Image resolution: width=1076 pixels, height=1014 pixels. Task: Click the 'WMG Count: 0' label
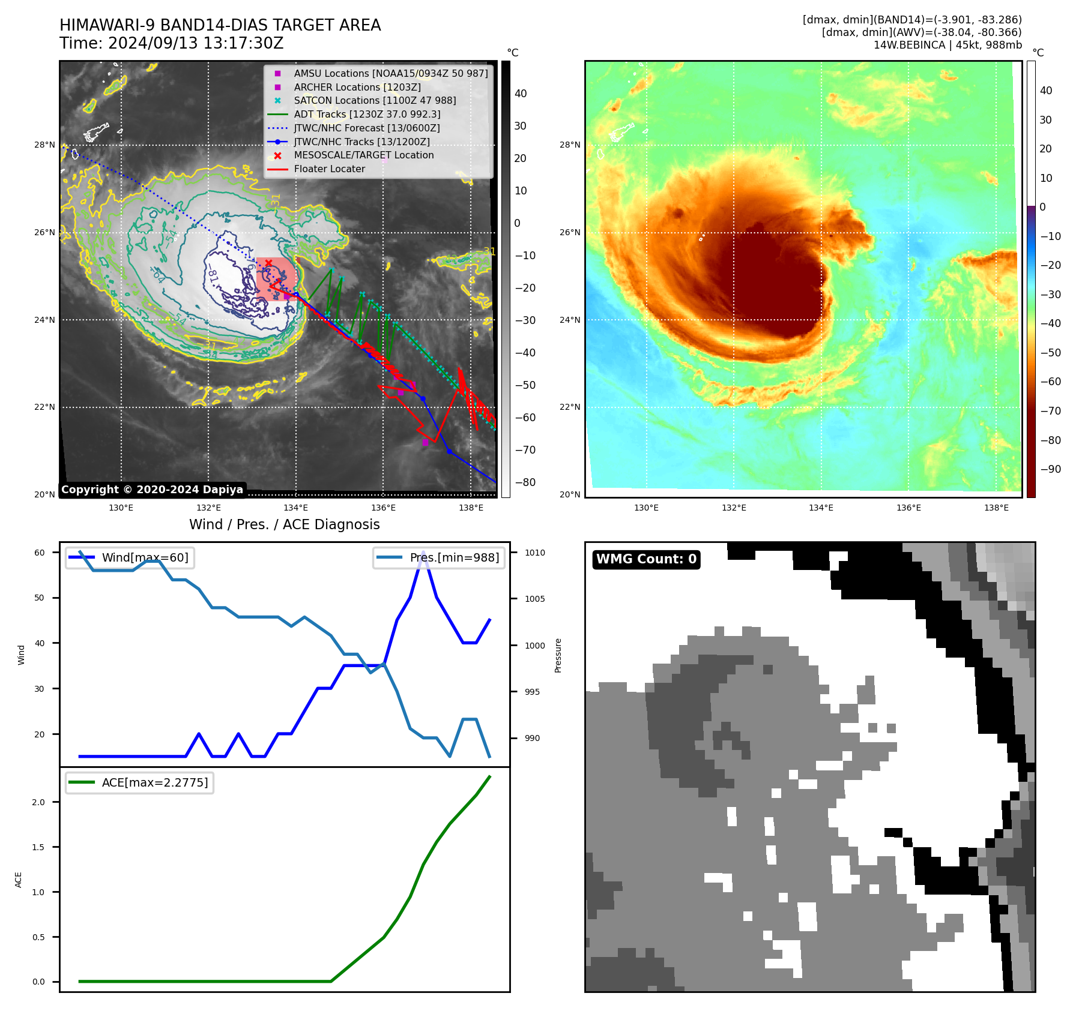[x=646, y=559]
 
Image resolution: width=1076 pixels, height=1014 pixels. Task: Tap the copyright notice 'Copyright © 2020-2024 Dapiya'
[x=152, y=490]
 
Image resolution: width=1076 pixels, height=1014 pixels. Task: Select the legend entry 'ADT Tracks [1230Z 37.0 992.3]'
[x=367, y=114]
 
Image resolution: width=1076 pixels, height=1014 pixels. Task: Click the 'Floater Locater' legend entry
[x=329, y=169]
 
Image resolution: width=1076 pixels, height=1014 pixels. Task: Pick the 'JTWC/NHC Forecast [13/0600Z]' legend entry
[x=366, y=128]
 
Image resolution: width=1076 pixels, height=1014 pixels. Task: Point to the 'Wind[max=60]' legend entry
[x=145, y=557]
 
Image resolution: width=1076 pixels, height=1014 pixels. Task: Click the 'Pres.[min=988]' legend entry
[x=454, y=557]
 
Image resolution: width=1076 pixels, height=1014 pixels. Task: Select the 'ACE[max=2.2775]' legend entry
[x=155, y=782]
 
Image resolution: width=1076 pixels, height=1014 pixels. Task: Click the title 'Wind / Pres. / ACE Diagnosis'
[x=285, y=524]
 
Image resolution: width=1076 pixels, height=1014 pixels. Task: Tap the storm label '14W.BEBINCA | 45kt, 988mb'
[x=947, y=45]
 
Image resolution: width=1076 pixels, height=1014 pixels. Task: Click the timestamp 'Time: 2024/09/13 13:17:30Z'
[x=171, y=43]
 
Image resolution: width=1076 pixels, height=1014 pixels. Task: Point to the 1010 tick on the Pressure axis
[x=534, y=553]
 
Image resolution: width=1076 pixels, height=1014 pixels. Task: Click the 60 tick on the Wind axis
[x=40, y=553]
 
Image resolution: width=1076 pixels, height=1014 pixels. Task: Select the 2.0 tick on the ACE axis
[x=38, y=802]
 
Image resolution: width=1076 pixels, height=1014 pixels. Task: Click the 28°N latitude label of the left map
[x=44, y=145]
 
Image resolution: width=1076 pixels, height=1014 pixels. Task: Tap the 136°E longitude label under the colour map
[x=908, y=508]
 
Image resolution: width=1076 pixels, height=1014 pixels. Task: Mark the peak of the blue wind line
[x=423, y=552]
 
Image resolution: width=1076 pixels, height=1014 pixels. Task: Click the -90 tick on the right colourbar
[x=1050, y=469]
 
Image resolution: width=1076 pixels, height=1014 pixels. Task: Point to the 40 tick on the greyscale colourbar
[x=521, y=94]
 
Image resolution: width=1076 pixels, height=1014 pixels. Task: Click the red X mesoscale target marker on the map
[x=268, y=263]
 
